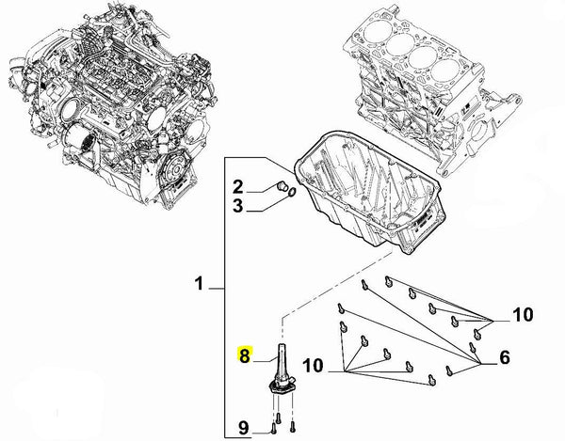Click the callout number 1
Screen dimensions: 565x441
(200, 283)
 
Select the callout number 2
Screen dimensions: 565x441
(238, 187)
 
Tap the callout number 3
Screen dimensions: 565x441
(238, 206)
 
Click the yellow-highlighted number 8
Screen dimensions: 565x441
(245, 355)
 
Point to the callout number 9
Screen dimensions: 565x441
(244, 428)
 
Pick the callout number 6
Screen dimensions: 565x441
(505, 357)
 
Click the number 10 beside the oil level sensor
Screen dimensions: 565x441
(313, 366)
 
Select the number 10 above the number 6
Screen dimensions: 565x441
(523, 315)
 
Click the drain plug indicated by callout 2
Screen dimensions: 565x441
(282, 186)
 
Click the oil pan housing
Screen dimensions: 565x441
(370, 193)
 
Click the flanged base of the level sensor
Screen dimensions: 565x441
(282, 387)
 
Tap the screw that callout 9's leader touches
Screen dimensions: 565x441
(274, 428)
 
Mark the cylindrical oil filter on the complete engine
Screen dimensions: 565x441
(80, 142)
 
